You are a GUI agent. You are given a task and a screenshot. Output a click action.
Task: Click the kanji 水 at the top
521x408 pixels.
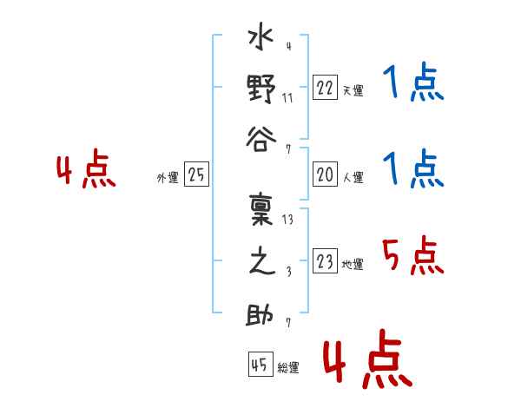[x=261, y=36]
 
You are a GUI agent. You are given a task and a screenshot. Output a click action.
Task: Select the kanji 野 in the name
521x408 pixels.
[x=261, y=89]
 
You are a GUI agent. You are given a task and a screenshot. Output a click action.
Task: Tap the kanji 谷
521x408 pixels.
[x=261, y=140]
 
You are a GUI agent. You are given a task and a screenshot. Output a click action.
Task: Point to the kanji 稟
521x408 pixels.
[x=261, y=210]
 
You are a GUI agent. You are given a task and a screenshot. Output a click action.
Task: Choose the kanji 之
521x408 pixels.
[x=262, y=261]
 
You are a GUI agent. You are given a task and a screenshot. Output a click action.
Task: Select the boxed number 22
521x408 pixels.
[x=325, y=88]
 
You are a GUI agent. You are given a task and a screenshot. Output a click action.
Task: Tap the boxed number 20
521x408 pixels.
[x=325, y=174]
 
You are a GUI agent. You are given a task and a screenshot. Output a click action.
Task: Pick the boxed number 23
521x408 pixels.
[x=325, y=261]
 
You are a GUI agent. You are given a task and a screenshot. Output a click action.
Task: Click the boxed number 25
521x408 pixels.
[x=196, y=174]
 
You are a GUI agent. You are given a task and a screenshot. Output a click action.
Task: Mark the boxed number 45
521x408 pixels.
[x=260, y=365]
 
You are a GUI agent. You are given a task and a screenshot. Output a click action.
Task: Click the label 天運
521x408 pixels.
[x=353, y=90]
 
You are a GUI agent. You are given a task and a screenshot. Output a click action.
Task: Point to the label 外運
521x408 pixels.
[x=168, y=178]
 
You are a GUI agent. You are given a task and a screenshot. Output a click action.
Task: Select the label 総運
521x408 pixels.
[x=288, y=367]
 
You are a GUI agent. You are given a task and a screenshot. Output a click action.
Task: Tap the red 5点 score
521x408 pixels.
[x=412, y=256]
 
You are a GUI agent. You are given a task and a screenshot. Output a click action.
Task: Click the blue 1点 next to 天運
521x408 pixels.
[x=413, y=82]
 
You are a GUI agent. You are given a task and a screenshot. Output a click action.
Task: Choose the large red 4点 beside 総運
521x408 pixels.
[x=368, y=359]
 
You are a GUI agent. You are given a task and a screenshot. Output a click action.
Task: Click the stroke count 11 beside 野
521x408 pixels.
[x=287, y=98]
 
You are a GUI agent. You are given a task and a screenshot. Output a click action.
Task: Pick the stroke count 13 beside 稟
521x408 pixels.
[x=287, y=220]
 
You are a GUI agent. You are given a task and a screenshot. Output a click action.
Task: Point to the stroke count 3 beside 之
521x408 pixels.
[x=289, y=272]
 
